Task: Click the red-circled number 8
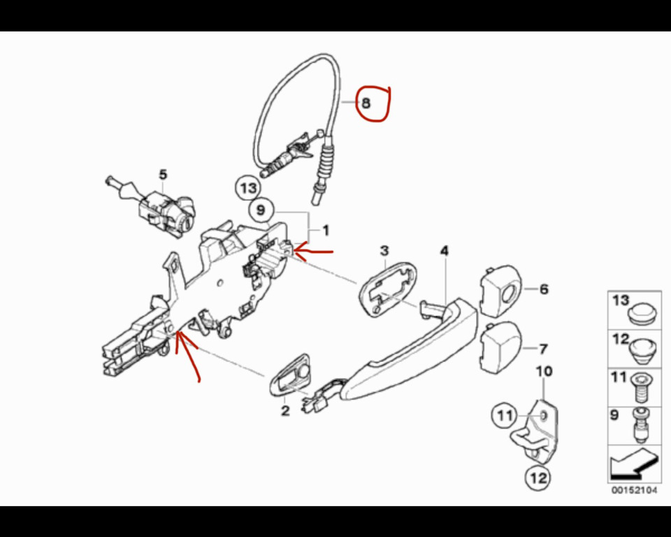366,103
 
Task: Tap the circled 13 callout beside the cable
249,188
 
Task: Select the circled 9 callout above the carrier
261,210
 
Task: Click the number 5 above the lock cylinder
163,175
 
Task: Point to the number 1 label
326,231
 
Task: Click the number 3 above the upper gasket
384,251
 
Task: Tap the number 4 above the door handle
445,251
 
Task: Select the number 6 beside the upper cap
544,289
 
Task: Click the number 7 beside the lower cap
543,349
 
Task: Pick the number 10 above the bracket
544,371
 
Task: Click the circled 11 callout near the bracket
505,415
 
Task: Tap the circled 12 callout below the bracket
537,477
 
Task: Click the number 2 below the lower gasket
285,411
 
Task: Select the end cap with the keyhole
499,290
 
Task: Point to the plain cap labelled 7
500,347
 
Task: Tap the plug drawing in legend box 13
642,315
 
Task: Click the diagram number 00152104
634,490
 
